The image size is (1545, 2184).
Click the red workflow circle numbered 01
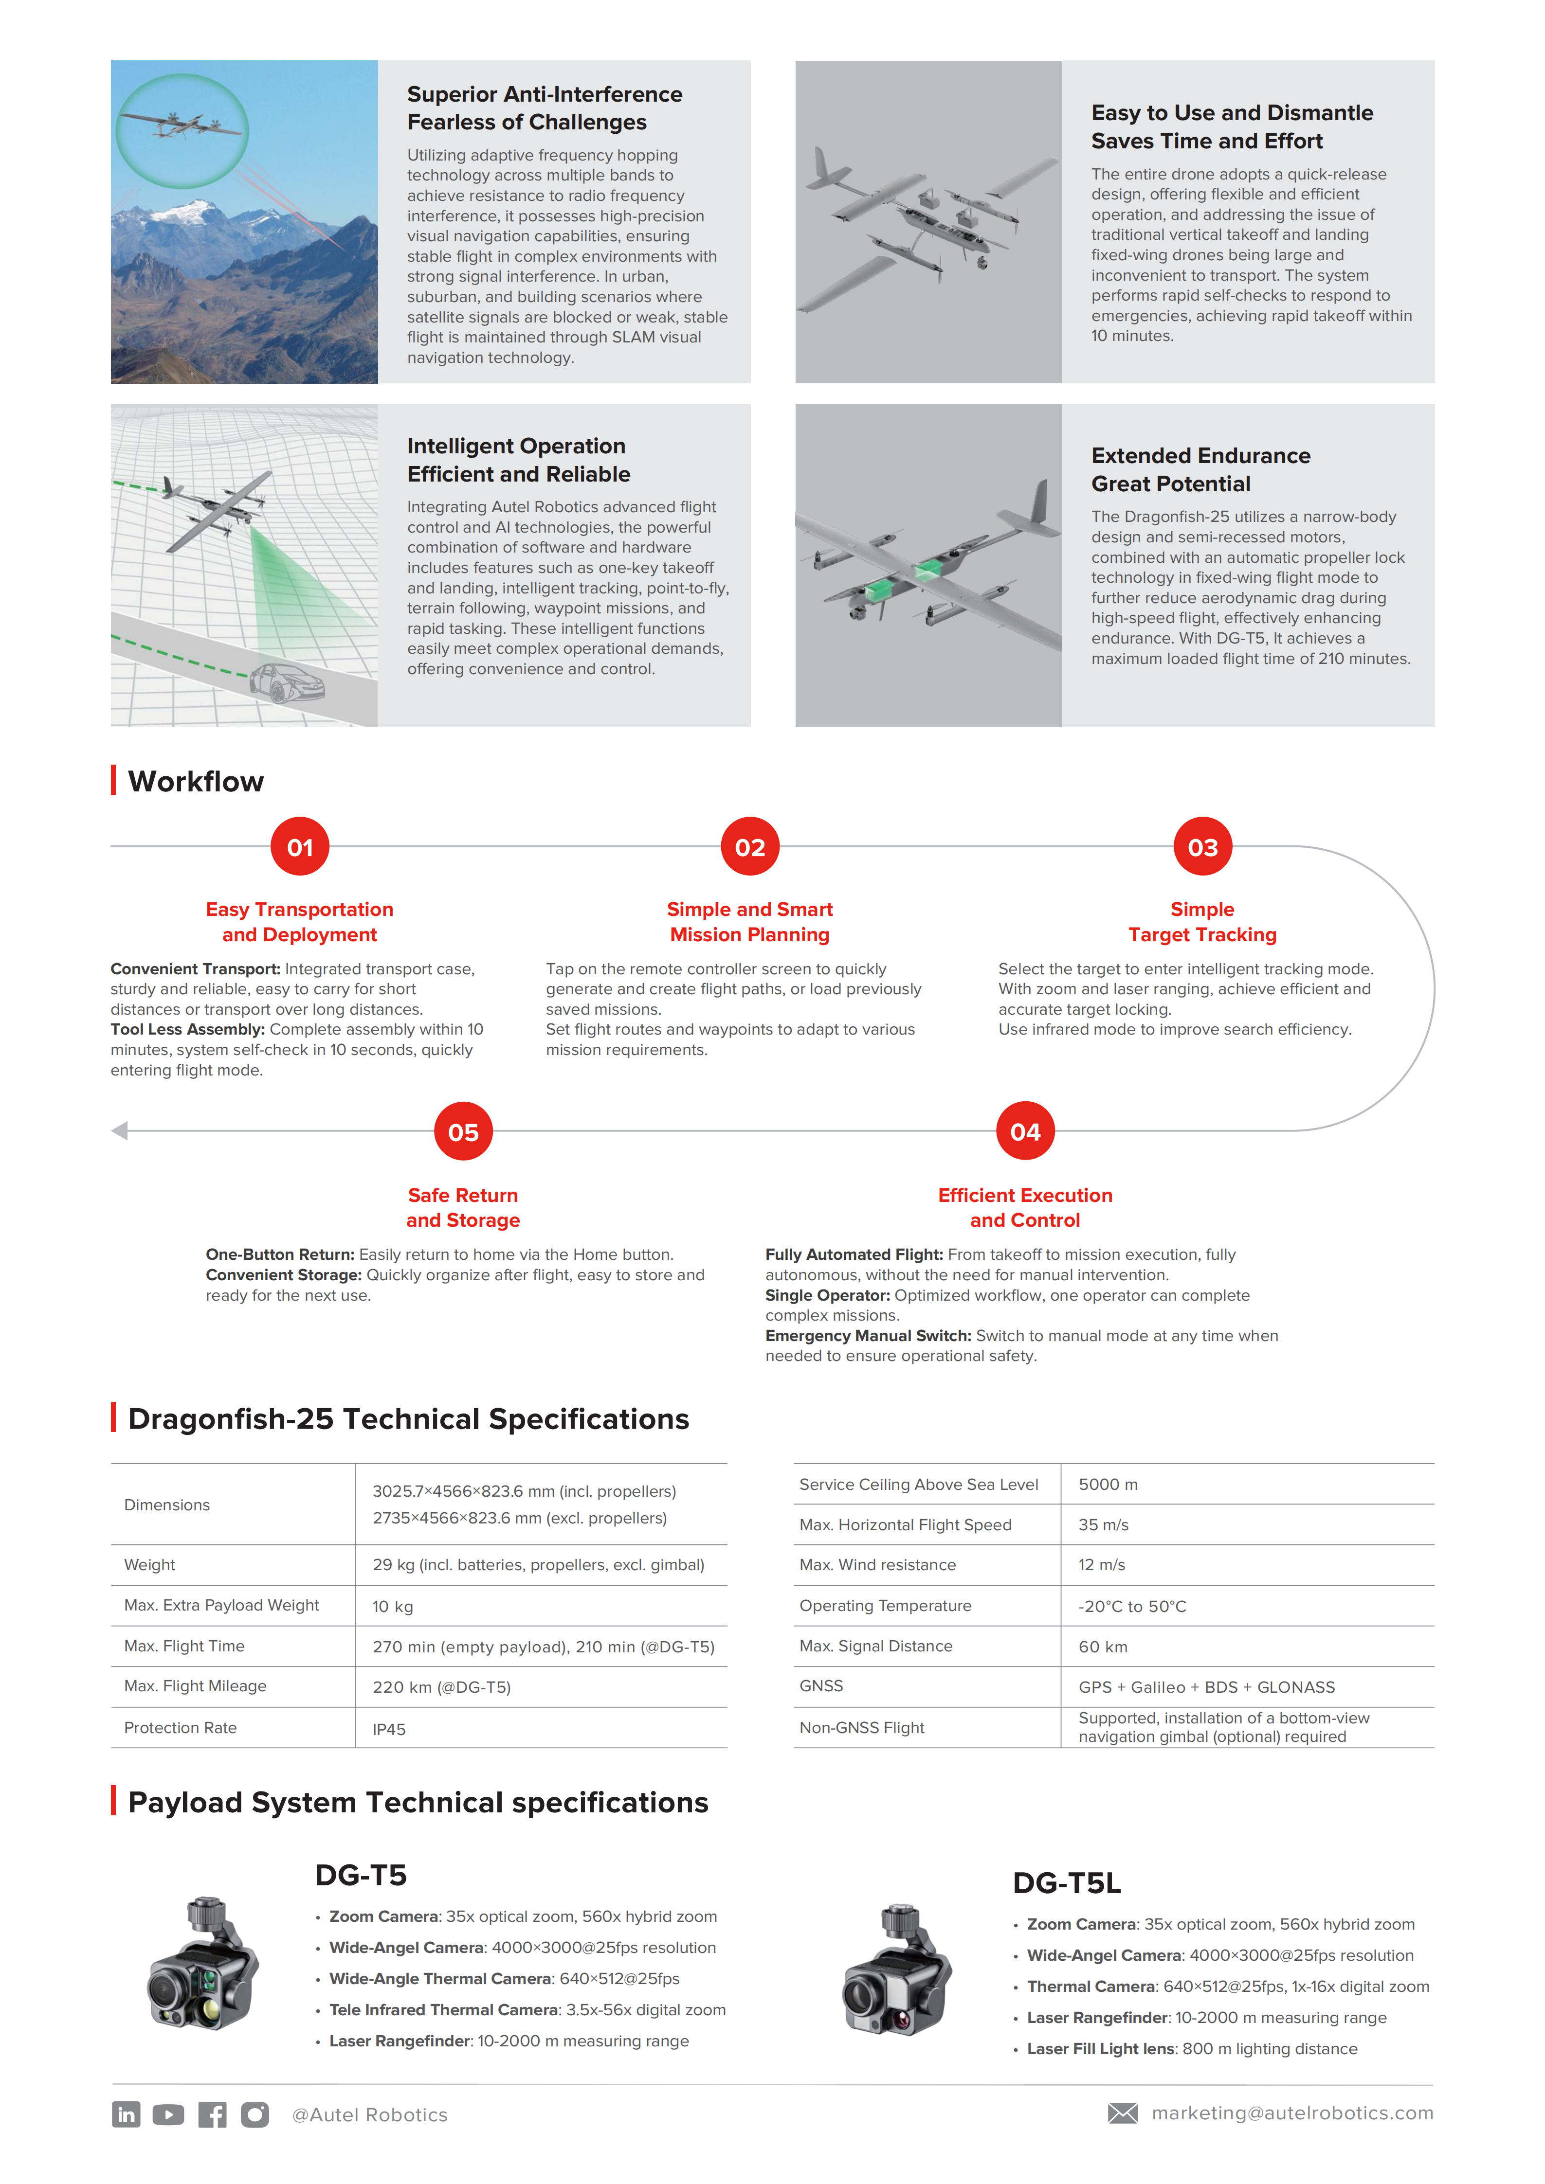click(x=300, y=846)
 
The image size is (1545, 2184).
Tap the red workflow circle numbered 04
click(x=1025, y=1131)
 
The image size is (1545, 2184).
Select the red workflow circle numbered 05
click(x=463, y=1131)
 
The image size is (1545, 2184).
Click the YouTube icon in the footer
click(x=168, y=2113)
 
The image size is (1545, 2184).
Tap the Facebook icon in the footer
click(x=212, y=2113)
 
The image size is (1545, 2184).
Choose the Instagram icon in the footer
click(x=255, y=2113)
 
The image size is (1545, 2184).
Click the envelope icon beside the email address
click(x=1123, y=2112)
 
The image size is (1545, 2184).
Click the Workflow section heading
click(x=196, y=781)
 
